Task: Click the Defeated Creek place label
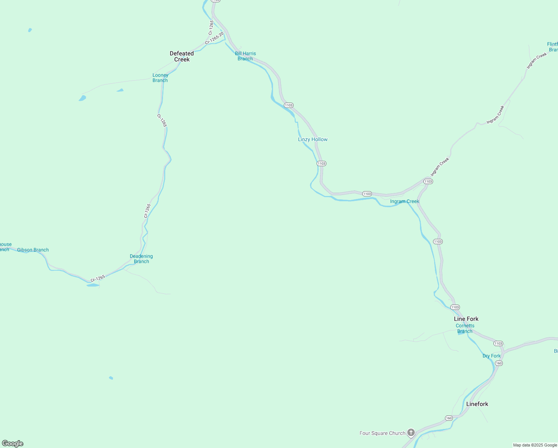182,56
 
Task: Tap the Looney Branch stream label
160,78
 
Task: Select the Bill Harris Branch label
245,56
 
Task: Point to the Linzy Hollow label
313,139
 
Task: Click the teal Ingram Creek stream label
404,201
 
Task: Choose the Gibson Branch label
33,250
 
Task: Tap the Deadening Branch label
141,259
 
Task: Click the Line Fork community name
466,319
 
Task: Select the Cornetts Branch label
465,328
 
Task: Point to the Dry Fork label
491,356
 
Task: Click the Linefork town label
477,404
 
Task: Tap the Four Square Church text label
382,433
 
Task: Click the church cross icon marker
411,433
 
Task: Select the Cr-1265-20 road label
214,38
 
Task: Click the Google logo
13,444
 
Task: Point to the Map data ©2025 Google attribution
535,445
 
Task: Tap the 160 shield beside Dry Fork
499,363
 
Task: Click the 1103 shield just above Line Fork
455,307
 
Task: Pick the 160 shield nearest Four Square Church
449,418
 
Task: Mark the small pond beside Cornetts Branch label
461,333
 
